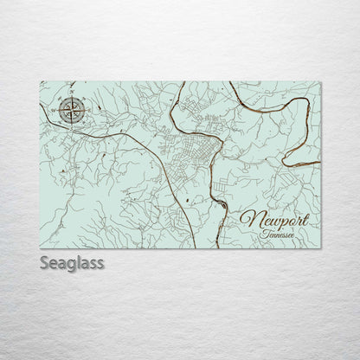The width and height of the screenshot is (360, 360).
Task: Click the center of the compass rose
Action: pyautogui.click(x=73, y=110)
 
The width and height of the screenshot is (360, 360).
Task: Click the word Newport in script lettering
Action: pyautogui.click(x=273, y=220)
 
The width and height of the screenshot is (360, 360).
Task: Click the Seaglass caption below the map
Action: pyautogui.click(x=72, y=262)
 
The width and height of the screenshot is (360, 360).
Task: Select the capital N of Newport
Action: pyautogui.click(x=248, y=220)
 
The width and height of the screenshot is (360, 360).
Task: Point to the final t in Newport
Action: pyautogui.click(x=303, y=218)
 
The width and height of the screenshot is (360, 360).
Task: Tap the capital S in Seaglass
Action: pyautogui.click(x=45, y=262)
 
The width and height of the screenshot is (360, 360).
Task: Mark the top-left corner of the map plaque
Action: pyautogui.click(x=41, y=82)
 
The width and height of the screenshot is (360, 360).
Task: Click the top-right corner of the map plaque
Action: pyautogui.click(x=320, y=82)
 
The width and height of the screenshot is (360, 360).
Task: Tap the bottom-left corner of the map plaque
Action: pyautogui.click(x=41, y=249)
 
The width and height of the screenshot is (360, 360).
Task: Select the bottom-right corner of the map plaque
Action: pyautogui.click(x=320, y=249)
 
